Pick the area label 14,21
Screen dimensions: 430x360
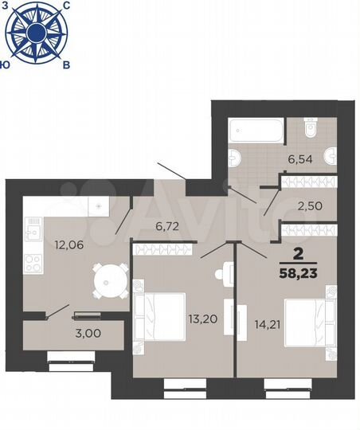pos(260,323)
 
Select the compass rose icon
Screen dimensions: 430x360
pos(36,33)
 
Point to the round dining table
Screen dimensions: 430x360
pos(108,279)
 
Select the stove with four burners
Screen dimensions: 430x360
pos(34,264)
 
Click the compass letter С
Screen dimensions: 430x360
pos(66,6)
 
